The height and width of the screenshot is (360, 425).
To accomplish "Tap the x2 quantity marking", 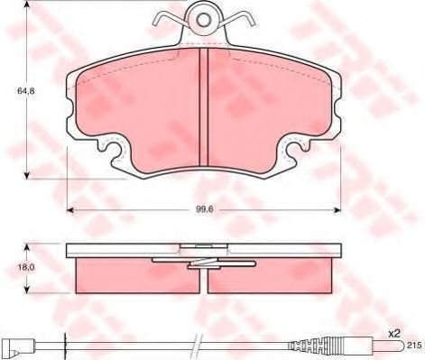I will [x=393, y=335].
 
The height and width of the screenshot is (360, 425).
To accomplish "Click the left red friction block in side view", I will [x=135, y=272].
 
